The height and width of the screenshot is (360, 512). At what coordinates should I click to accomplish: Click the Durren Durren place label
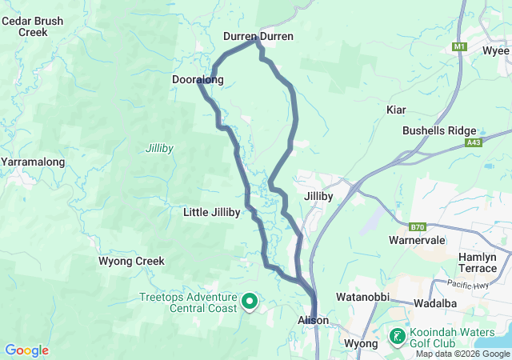pos(258,37)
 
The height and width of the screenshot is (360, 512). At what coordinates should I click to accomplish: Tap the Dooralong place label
pos(198,79)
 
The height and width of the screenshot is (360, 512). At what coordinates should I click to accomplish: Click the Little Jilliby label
pos(211,212)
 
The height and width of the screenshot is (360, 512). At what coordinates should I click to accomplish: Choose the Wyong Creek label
pos(131,261)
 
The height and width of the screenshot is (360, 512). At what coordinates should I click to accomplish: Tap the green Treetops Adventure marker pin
pos(250,302)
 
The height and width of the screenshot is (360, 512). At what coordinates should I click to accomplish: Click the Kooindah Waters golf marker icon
pos(396,336)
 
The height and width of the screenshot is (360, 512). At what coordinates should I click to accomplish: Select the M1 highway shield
pos(458,47)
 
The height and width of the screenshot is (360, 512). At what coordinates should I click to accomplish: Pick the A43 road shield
pos(474,143)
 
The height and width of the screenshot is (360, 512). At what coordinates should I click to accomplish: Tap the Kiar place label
pos(396,109)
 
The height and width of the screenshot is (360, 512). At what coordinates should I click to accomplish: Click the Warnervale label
pos(415,240)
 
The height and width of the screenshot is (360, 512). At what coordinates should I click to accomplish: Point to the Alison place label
pos(313,320)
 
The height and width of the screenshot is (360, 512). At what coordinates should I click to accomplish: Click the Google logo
pos(26,350)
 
